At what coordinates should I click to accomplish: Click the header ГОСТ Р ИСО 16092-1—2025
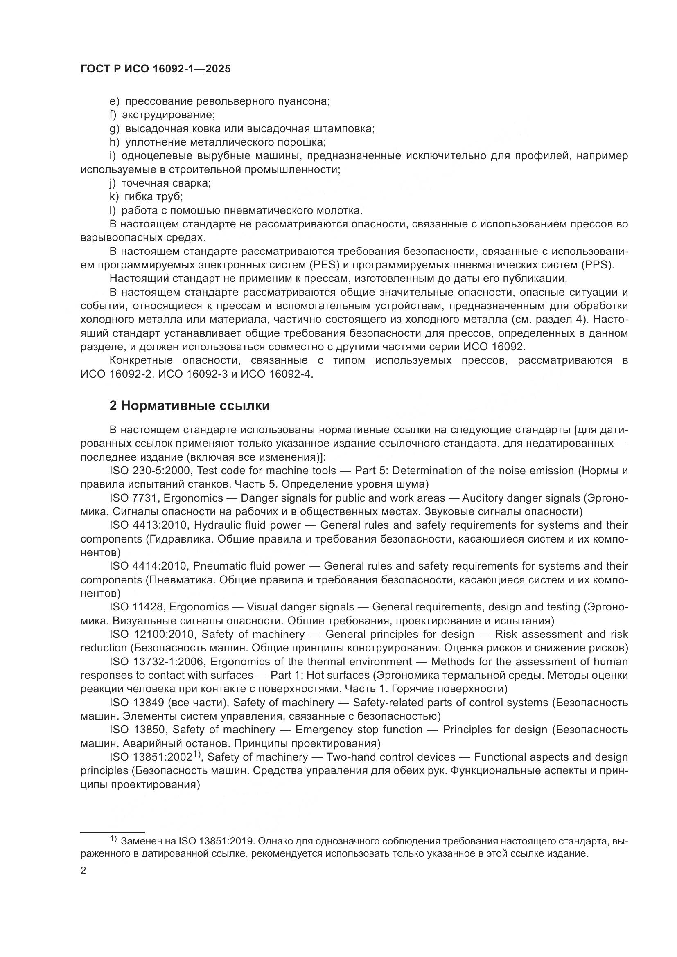156,69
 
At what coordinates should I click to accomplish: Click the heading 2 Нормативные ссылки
189,405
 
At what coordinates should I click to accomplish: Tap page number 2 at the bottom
83,871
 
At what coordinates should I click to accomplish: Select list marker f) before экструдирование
113,115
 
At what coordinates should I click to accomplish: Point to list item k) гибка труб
146,197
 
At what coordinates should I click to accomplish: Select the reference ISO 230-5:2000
150,471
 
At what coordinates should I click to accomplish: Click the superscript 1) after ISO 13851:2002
197,754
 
